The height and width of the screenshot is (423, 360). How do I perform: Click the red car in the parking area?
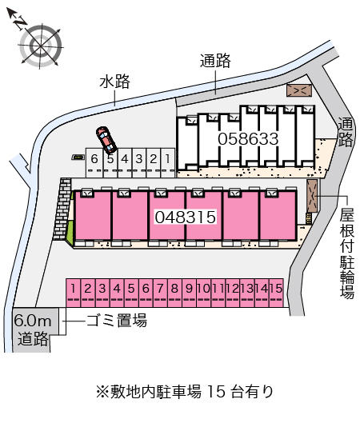(106, 140)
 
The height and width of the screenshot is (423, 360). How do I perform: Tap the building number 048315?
(186, 217)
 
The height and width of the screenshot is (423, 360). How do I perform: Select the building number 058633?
(248, 139)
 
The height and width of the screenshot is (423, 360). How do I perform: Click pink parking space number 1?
(74, 293)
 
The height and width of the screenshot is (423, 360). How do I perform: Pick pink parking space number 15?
(276, 293)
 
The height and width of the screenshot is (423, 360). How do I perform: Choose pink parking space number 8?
(175, 293)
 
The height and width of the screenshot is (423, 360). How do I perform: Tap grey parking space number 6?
(94, 162)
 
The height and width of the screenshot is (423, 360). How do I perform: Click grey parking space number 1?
(168, 162)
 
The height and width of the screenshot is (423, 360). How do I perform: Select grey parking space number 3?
(139, 162)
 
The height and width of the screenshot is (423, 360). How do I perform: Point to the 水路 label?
(114, 82)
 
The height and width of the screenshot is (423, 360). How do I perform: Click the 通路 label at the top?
(215, 61)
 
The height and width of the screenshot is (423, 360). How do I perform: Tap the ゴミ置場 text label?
(117, 321)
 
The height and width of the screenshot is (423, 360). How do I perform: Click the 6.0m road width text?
(33, 321)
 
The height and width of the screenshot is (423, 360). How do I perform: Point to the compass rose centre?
(41, 46)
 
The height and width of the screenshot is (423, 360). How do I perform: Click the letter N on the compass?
(20, 23)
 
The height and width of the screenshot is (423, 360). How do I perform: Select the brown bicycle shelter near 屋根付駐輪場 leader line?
(313, 196)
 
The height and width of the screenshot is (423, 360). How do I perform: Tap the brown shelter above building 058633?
(299, 90)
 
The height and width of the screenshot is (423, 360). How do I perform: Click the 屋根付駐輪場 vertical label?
(346, 253)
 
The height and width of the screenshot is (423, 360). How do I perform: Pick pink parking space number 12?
(233, 293)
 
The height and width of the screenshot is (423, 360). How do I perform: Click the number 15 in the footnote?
(217, 392)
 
